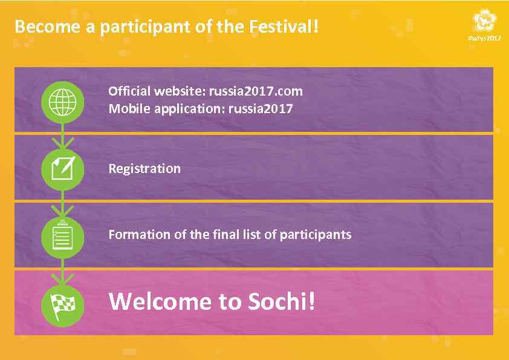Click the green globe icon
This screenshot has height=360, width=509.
[63, 102]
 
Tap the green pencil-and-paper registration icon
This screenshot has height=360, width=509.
[63, 169]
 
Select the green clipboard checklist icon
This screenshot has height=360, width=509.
[63, 236]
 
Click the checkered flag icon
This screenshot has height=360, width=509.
[63, 303]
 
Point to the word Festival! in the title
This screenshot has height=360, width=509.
[284, 27]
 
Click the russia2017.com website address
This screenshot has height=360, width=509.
[256, 91]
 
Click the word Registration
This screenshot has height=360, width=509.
[144, 169]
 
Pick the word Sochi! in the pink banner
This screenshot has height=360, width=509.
[282, 301]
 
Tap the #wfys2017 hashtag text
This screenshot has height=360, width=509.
[485, 39]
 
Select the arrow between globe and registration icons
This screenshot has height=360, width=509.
[63, 140]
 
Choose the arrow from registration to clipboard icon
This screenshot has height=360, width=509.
[63, 208]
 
